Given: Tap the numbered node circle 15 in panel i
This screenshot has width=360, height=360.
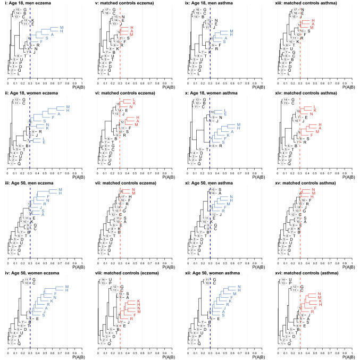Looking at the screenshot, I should (x=16, y=10).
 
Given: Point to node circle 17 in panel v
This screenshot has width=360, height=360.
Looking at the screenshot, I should (x=106, y=10).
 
